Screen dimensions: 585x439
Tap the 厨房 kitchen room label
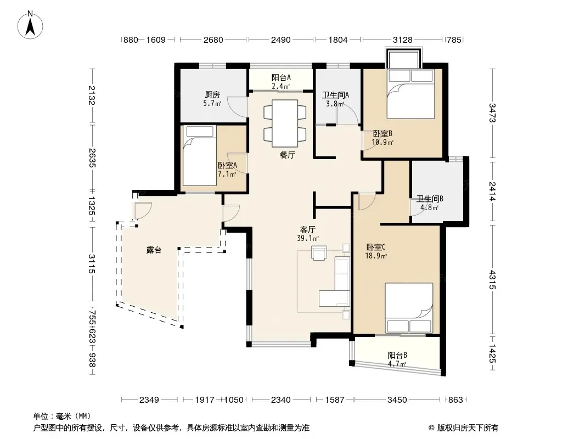coord(212,95)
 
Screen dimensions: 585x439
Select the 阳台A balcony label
coord(281,77)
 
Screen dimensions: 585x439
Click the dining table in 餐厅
coord(285,123)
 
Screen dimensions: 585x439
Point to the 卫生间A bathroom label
coord(335,95)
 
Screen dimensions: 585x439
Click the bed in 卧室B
coord(411,94)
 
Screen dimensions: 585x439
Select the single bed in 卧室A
coord(200,155)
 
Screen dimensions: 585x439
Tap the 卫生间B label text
coord(430,199)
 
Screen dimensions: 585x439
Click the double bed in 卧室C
coord(409,308)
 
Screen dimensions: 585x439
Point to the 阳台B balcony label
coord(397,354)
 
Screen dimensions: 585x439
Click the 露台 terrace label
coord(154,250)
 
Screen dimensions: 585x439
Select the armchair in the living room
coord(319,252)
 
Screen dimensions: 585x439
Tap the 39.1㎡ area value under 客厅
coord(308,238)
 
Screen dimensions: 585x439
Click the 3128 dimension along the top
coord(403,40)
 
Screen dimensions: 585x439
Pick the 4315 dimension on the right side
coord(492,280)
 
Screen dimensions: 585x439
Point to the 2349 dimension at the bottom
coord(149,400)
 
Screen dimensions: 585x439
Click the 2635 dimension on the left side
coord(92,158)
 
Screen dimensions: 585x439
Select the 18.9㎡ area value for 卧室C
coord(376,256)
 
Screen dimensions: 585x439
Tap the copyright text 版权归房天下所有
coord(468,428)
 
